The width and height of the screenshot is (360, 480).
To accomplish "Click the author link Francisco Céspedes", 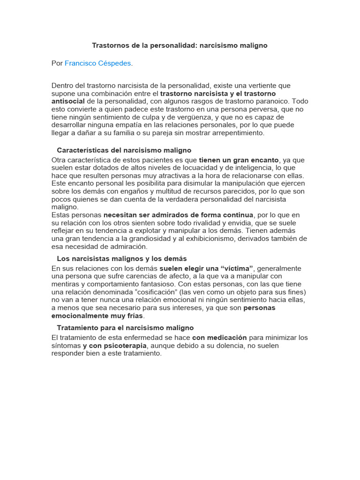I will pyautogui.click(x=98, y=63).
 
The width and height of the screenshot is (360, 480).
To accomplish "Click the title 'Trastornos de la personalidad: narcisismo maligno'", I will pyautogui.click(x=180, y=46).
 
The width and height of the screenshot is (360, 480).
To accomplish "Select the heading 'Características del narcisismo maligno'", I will pyautogui.click(x=124, y=150).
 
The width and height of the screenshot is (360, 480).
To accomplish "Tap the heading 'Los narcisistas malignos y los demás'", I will pyautogui.click(x=121, y=259).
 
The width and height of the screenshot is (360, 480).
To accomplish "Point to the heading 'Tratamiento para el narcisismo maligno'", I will pyautogui.click(x=125, y=328).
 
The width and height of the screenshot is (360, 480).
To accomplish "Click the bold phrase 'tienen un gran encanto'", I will pyautogui.click(x=239, y=160).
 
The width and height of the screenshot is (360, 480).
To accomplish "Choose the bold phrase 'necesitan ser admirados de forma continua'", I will pyautogui.click(x=178, y=215).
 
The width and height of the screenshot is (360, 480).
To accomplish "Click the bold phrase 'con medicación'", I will pyautogui.click(x=219, y=338).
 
